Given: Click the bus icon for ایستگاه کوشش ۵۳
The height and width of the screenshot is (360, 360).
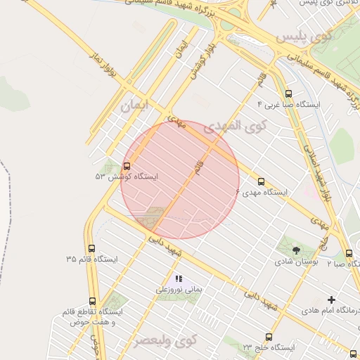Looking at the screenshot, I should coord(127,167).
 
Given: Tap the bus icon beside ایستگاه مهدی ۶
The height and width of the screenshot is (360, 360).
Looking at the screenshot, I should coord(262,181).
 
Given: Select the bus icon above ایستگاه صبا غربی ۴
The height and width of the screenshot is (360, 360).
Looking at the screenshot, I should coord(288,94).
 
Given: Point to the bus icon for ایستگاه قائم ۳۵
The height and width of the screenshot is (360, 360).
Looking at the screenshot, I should coord(91,248).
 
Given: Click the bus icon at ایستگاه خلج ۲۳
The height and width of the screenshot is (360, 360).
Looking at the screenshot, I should coord(268,337).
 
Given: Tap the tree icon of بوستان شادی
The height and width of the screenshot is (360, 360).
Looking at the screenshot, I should coord(295,250).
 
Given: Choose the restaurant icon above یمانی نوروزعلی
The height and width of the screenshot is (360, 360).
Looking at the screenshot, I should coord(178,278).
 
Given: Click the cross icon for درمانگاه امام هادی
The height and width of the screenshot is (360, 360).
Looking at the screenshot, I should coord(332,300).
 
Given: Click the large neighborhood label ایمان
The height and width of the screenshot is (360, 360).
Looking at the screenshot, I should coord(135,106).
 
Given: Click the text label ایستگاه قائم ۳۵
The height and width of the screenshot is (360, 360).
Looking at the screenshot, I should coord(92,259).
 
